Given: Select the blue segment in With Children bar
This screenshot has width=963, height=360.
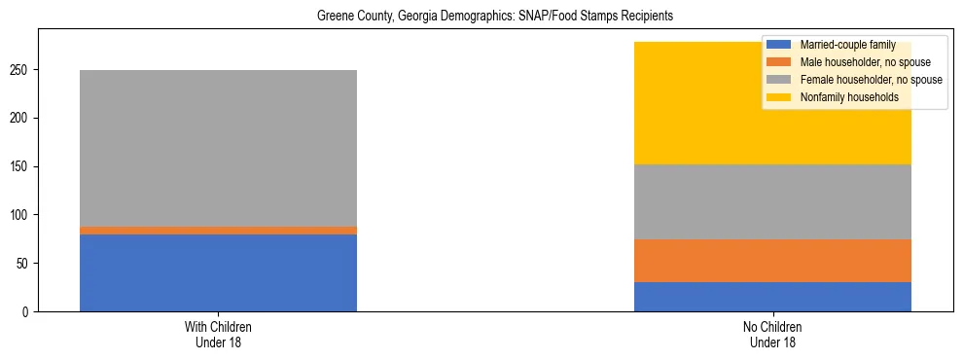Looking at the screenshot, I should [x=218, y=272].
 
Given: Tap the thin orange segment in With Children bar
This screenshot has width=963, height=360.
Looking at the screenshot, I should [x=218, y=231].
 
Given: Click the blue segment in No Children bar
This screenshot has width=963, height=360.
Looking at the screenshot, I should [x=772, y=297].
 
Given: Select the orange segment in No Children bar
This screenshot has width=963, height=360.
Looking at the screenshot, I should [x=772, y=261].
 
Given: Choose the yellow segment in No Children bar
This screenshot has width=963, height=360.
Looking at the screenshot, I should [x=681, y=103].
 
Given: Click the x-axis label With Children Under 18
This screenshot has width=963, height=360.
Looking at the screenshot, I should [x=218, y=335].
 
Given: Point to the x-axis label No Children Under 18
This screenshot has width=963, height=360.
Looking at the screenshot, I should [x=772, y=335].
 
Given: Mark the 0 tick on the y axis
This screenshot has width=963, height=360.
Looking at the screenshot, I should [x=27, y=311].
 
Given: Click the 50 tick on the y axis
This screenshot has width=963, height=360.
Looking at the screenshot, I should [x=24, y=263].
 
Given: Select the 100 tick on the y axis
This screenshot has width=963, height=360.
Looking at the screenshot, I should [x=21, y=215].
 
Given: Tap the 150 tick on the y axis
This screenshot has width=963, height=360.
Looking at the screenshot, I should [x=21, y=166].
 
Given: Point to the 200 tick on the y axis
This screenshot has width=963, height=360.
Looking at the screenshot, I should [x=21, y=118].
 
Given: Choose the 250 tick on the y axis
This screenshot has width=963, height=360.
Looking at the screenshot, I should [x=21, y=70].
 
